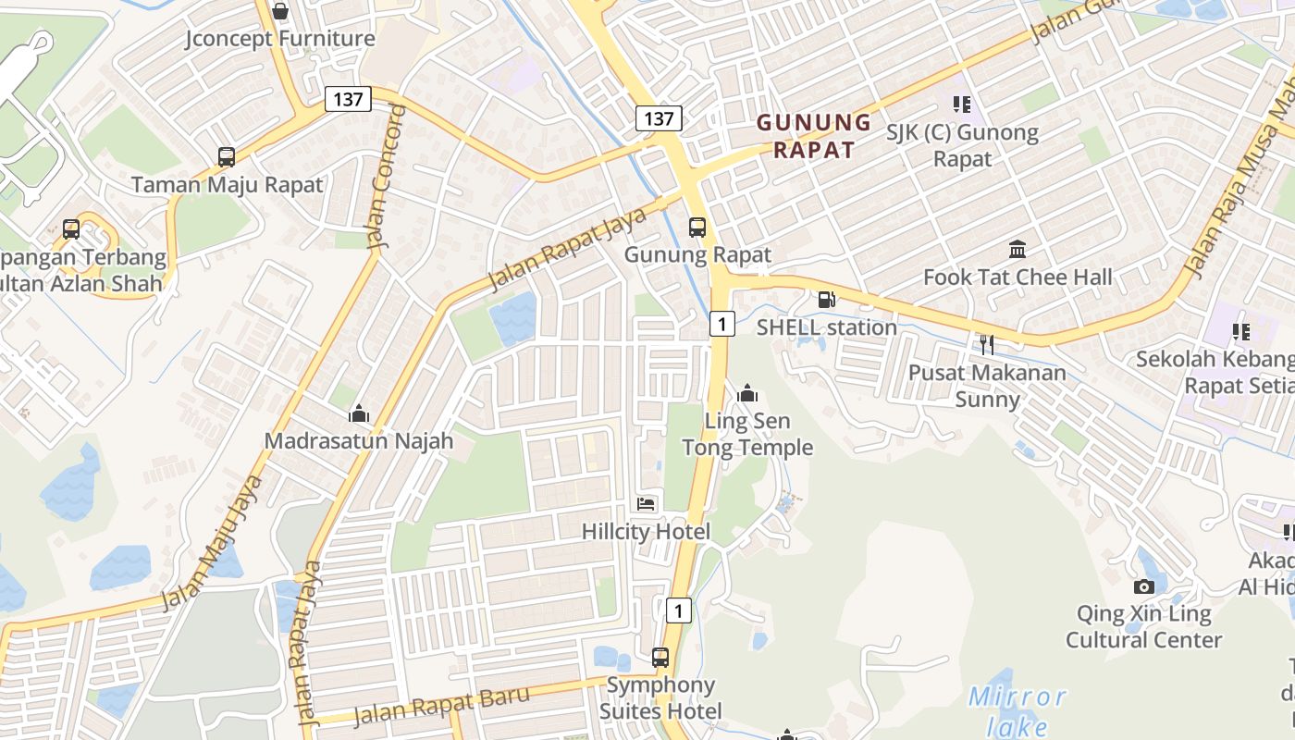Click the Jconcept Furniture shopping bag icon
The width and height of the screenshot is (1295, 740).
tap(280, 12)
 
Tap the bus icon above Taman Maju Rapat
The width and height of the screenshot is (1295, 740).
tap(227, 157)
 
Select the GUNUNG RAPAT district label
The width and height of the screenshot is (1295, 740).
tap(814, 136)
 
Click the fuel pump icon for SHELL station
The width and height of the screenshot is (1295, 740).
tap(826, 300)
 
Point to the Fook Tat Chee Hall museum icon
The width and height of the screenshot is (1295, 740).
tap(1017, 250)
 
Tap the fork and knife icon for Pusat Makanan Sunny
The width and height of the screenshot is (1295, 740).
tap(987, 345)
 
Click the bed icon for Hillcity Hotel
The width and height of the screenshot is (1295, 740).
tap(647, 504)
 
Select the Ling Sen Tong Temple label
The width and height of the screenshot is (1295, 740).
tap(747, 435)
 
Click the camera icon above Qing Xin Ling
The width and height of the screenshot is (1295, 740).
tap(1144, 586)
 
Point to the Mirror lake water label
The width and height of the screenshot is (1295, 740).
tap(1017, 710)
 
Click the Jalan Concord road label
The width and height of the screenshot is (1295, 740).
tap(386, 179)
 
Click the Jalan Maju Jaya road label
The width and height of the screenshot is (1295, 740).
tap(212, 543)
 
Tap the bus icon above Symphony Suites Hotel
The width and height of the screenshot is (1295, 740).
tap(660, 658)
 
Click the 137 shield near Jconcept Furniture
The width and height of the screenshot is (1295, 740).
tap(348, 99)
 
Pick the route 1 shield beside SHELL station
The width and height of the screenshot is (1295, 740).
tap(722, 323)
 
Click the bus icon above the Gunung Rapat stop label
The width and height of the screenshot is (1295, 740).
tap(697, 228)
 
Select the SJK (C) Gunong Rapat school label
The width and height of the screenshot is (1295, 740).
tap(962, 145)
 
